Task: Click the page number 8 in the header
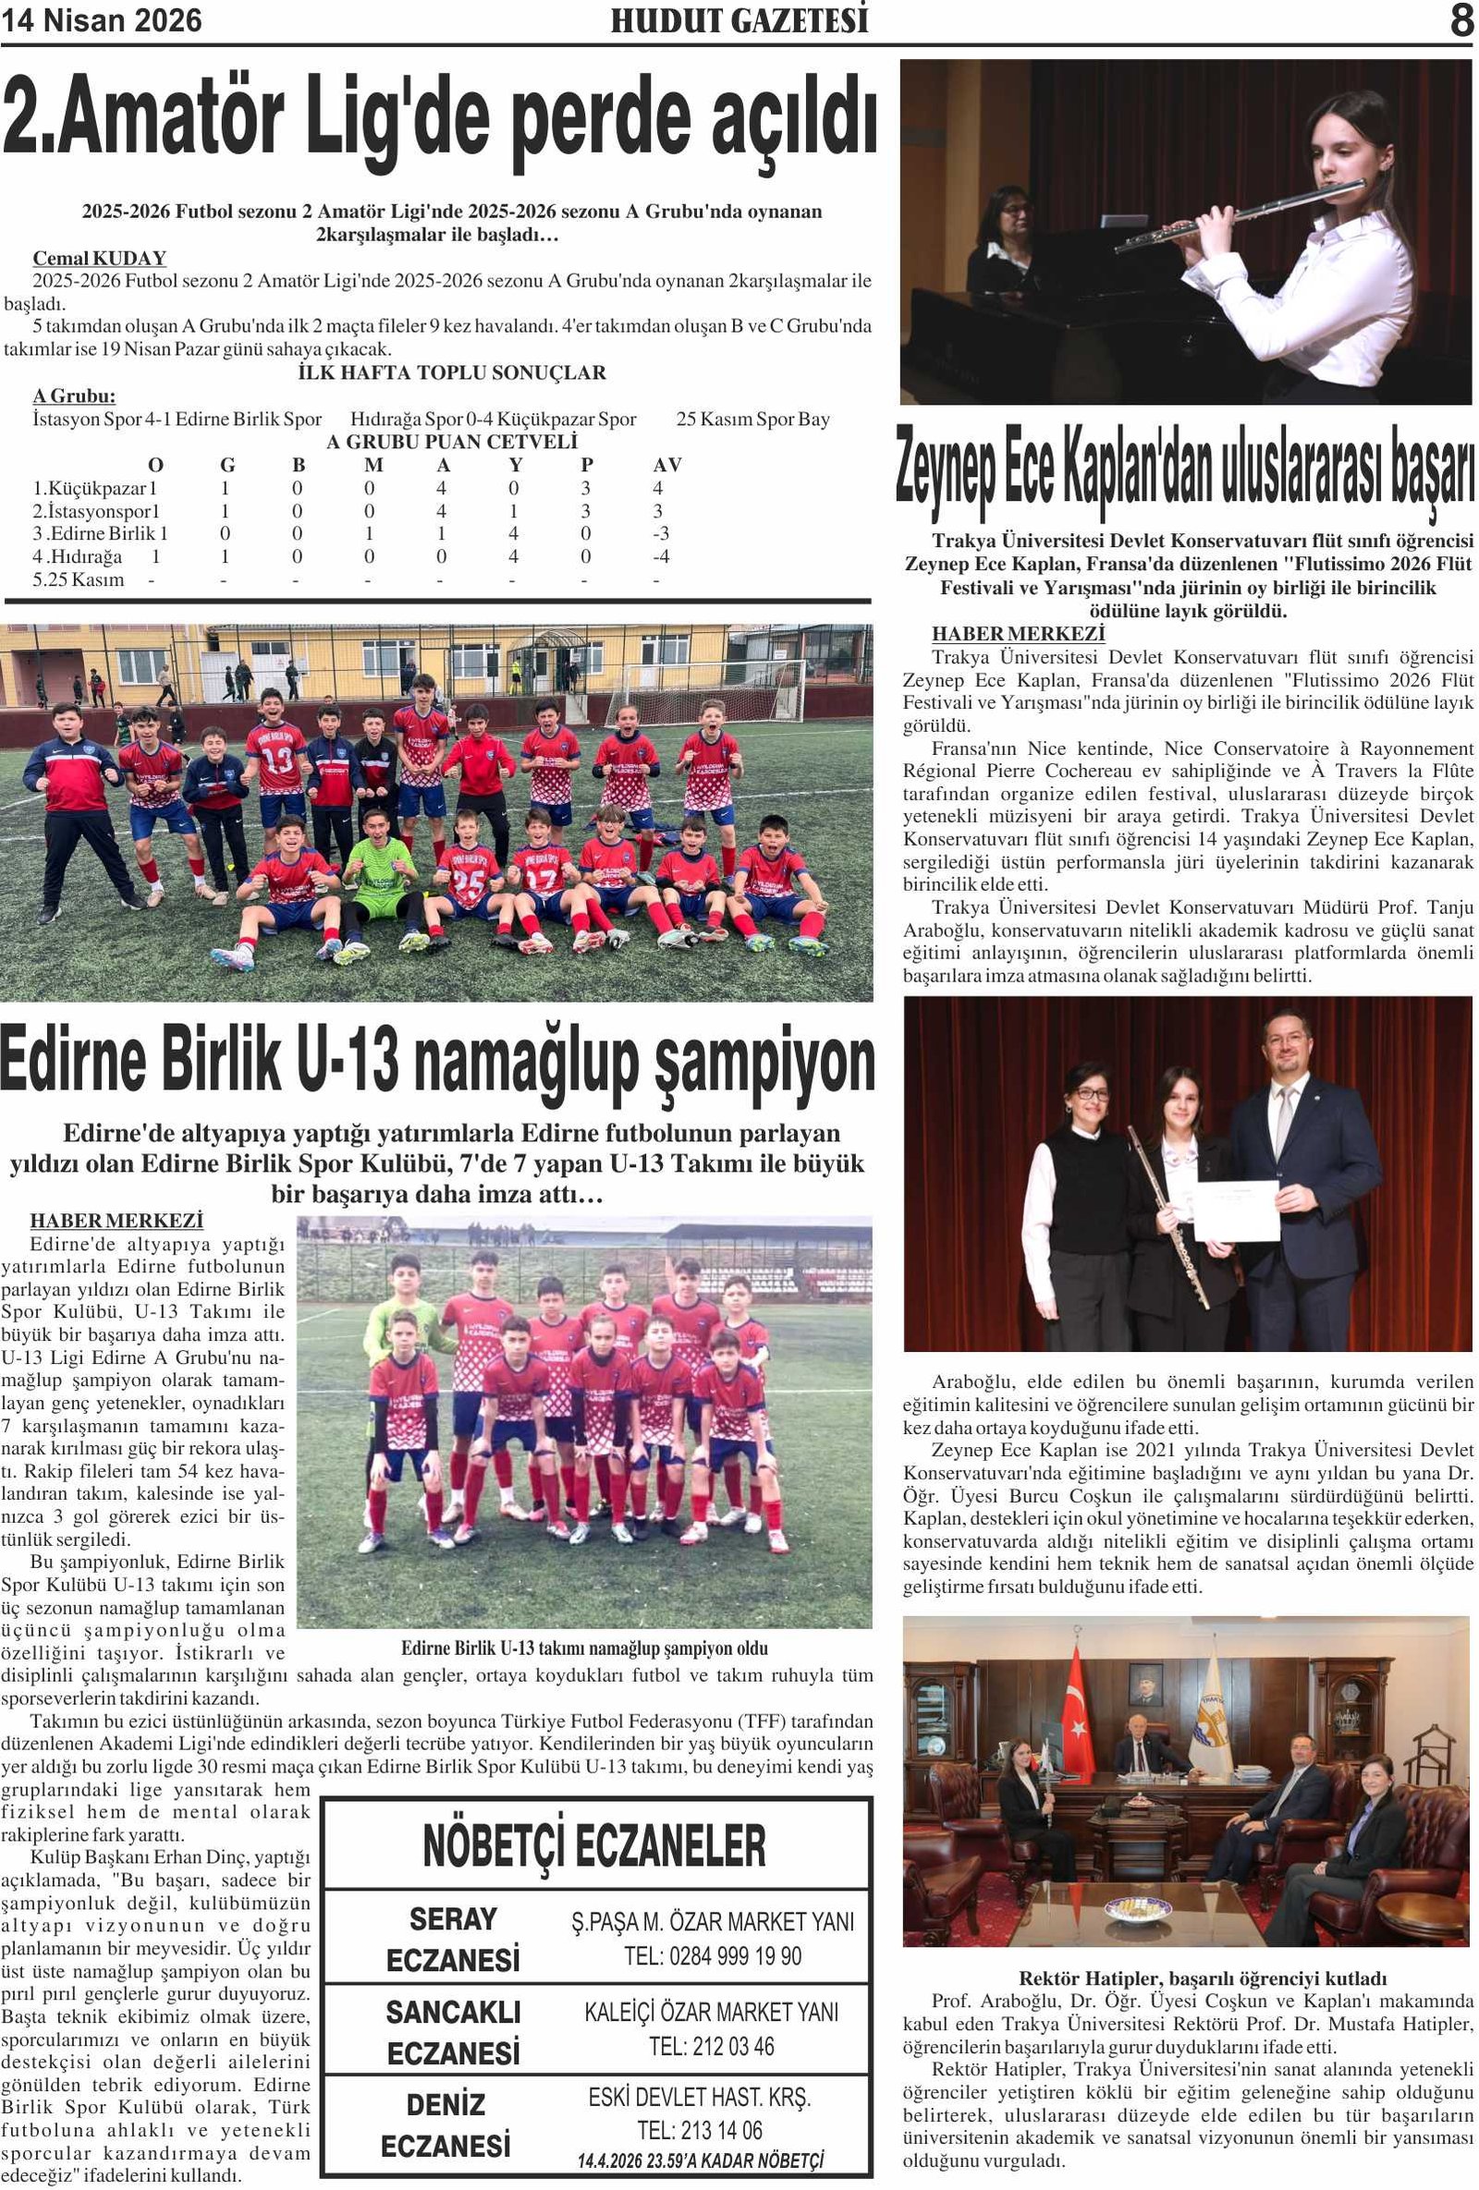pyautogui.click(x=1461, y=20)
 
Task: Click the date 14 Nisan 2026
pyautogui.click(x=102, y=20)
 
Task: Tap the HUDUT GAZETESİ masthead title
pyautogui.click(x=739, y=20)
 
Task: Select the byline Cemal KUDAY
pyautogui.click(x=99, y=258)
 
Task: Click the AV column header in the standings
pyautogui.click(x=666, y=465)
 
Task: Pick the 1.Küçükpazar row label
pyautogui.click(x=94, y=488)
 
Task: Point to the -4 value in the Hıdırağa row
pyautogui.click(x=661, y=556)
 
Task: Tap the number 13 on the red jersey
pyautogui.click(x=277, y=758)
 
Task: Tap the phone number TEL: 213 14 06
pyautogui.click(x=700, y=2131)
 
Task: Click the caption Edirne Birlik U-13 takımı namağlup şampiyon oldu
pyautogui.click(x=584, y=1649)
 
